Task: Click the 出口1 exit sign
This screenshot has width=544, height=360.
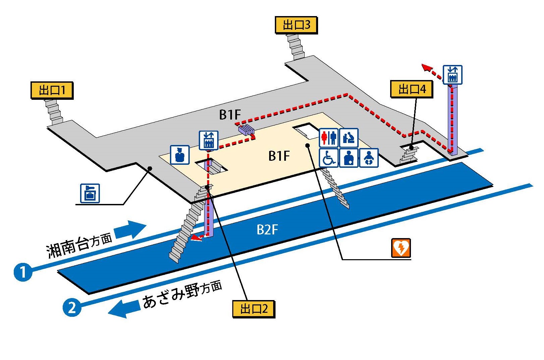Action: (52, 90)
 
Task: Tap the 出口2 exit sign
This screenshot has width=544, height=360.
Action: (254, 308)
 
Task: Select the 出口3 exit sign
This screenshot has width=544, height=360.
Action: (296, 25)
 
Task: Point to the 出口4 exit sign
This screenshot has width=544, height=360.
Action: (412, 89)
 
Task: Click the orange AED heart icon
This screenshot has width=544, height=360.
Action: (401, 248)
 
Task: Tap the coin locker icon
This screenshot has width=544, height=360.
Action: (90, 194)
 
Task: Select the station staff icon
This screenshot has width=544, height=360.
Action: (180, 155)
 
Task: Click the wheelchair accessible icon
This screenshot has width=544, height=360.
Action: (328, 158)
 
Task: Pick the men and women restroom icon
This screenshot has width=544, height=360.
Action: (328, 138)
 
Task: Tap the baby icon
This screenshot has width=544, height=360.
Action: (369, 158)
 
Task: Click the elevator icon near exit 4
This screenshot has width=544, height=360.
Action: (452, 75)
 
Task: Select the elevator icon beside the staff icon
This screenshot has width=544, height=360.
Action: (208, 140)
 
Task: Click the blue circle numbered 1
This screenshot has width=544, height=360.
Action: (23, 272)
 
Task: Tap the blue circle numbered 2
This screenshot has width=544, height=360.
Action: (72, 307)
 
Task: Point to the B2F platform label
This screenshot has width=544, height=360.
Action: (267, 230)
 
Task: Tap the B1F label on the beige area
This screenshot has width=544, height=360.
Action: (279, 156)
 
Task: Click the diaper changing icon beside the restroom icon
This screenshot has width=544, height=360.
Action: (349, 138)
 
